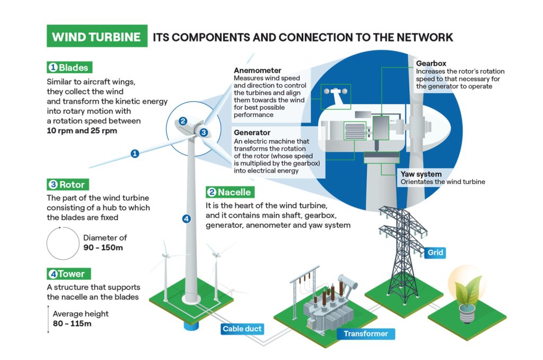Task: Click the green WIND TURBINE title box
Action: (97, 37)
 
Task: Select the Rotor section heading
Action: (67, 185)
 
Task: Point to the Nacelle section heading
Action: (229, 192)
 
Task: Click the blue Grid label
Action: (435, 253)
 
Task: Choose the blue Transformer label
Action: (365, 333)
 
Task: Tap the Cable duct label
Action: (242, 329)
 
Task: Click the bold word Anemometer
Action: (257, 71)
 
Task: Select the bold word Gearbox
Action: (431, 64)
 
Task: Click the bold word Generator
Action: (252, 132)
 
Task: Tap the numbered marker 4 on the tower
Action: (186, 218)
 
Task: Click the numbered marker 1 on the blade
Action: (135, 154)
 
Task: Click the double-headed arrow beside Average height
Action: (47, 318)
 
